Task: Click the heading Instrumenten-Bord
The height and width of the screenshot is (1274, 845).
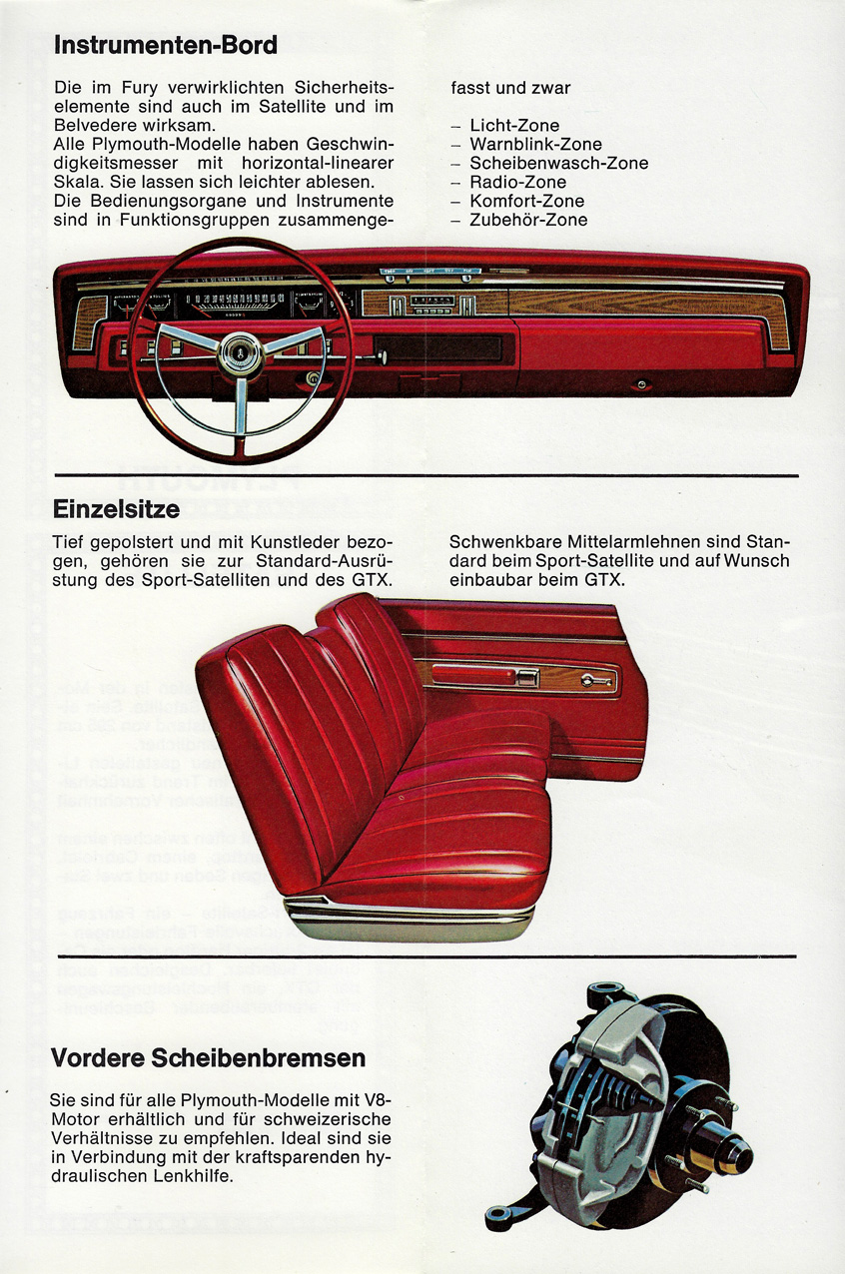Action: [x=165, y=46]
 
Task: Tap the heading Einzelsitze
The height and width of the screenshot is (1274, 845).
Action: [x=116, y=509]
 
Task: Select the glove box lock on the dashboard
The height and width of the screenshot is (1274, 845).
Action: [x=641, y=385]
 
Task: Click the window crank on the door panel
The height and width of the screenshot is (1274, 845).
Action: [x=595, y=680]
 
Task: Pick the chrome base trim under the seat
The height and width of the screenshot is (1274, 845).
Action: [x=411, y=916]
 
